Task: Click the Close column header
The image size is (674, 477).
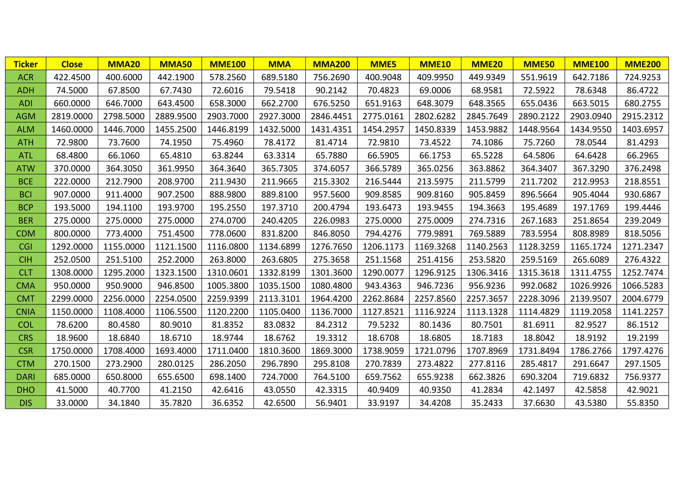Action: click(72, 64)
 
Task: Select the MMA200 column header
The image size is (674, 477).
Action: click(331, 64)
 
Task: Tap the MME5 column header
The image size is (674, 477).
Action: click(383, 64)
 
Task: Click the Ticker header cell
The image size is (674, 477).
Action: click(26, 64)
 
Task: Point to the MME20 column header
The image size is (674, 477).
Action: click(487, 64)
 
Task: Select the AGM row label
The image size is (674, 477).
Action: click(26, 116)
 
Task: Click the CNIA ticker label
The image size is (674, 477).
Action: click(26, 312)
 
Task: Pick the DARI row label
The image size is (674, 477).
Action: click(26, 377)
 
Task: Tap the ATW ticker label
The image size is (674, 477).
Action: click(26, 168)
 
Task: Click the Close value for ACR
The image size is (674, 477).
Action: click(72, 77)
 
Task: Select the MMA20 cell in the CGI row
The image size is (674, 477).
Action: click(124, 246)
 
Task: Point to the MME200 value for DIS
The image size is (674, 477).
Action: click(642, 403)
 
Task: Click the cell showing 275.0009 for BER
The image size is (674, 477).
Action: click(435, 220)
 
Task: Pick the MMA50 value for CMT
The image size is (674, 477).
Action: click(176, 299)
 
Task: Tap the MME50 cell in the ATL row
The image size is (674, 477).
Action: click(539, 155)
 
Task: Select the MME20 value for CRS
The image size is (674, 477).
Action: click(487, 338)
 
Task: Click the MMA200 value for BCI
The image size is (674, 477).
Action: click(331, 194)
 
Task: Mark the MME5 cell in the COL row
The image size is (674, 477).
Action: click(383, 325)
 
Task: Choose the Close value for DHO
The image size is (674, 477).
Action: click(72, 390)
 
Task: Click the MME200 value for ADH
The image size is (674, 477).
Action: click(642, 90)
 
